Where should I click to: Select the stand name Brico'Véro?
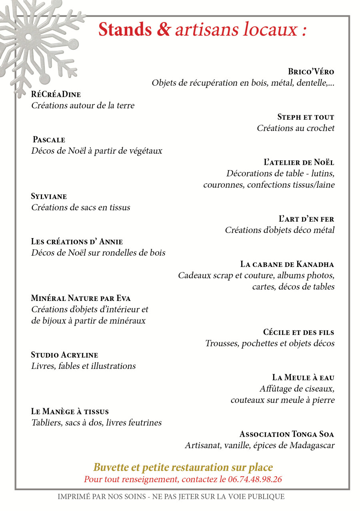(311, 72)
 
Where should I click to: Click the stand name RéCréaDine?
(56, 94)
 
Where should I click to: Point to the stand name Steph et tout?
(306, 117)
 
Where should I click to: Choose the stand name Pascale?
(49, 140)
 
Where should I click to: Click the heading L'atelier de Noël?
(299, 162)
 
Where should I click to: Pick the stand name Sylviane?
(49, 196)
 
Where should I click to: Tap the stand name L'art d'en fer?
(306, 219)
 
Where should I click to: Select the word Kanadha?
(315, 264)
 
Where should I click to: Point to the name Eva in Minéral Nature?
(123, 298)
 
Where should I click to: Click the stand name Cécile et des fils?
(298, 332)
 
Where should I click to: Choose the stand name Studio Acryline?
(64, 355)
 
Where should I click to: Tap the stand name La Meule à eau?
(303, 377)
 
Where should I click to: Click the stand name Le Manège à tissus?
(70, 411)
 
